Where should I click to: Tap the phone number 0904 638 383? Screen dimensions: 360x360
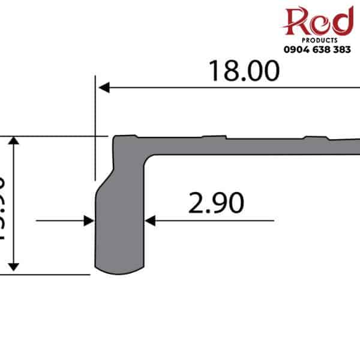click(x=317, y=50)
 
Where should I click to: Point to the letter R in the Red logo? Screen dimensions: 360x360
click(x=300, y=20)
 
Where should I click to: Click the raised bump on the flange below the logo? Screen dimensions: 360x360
click(x=315, y=137)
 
